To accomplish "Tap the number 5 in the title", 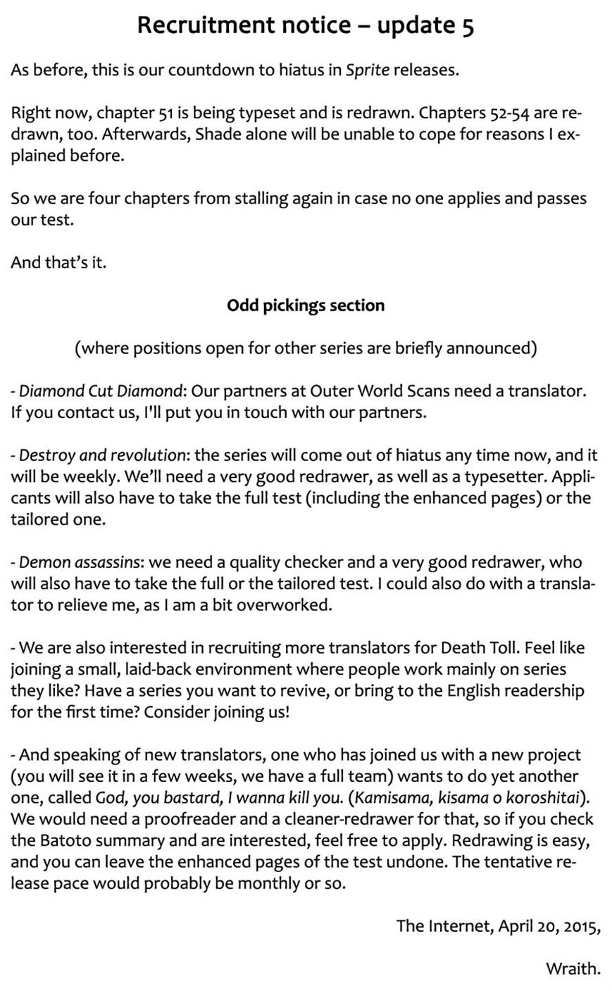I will pyautogui.click(x=468, y=25).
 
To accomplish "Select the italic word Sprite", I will pyautogui.click(x=367, y=70).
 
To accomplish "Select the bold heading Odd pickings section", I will pyautogui.click(x=306, y=305).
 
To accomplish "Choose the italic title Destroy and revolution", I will pyautogui.click(x=102, y=455).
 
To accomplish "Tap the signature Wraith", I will pyautogui.click(x=573, y=969).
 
